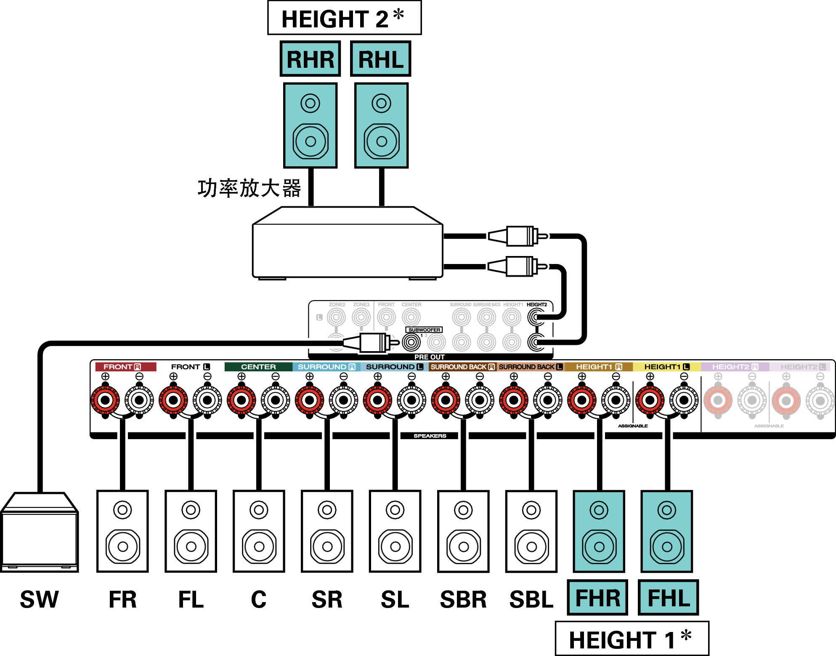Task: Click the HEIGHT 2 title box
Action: (344, 18)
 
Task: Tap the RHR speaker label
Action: (310, 59)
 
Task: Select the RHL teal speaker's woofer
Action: (381, 141)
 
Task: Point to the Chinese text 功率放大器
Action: (249, 188)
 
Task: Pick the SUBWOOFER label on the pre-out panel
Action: (424, 330)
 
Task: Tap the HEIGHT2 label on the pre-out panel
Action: (536, 304)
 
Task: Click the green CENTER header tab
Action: (258, 367)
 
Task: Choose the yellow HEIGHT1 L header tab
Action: (666, 367)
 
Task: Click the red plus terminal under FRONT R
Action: (105, 400)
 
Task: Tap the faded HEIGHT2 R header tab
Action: (735, 367)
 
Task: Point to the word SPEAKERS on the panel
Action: (430, 436)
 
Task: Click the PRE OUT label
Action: (429, 357)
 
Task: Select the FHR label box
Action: (597, 598)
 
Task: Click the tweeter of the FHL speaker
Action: (666, 510)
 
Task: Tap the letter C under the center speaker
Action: (259, 600)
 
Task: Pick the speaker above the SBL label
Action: (531, 531)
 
